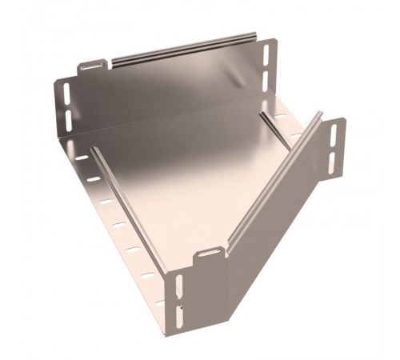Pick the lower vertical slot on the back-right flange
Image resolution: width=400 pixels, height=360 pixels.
click(266, 79)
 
